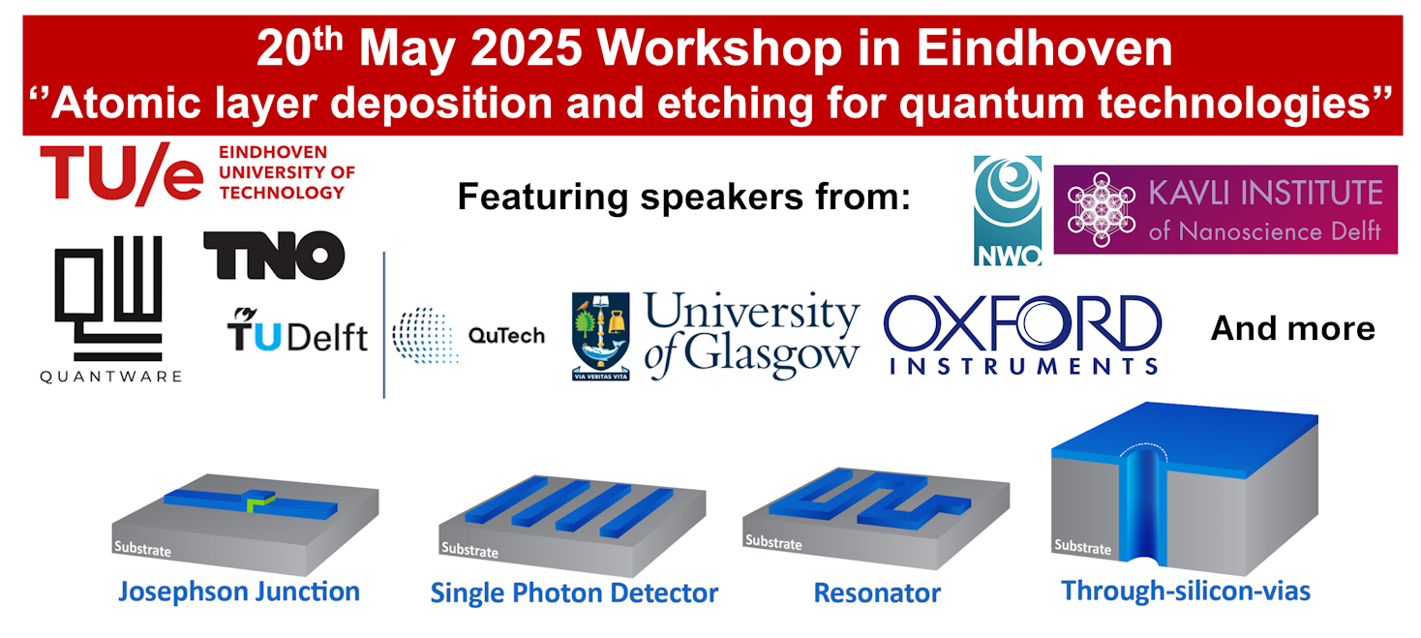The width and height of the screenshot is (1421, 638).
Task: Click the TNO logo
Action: [x=274, y=256]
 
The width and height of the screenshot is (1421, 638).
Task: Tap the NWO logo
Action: [x=1008, y=210]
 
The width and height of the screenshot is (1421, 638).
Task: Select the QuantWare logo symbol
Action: [x=108, y=298]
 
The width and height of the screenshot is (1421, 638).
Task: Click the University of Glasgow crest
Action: [x=601, y=336]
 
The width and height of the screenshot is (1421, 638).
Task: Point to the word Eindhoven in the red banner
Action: [x=1044, y=48]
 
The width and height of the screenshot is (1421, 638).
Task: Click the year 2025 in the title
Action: [x=526, y=48]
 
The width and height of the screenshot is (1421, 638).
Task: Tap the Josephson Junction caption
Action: [x=239, y=592]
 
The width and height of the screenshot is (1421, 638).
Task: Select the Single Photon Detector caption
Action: [x=574, y=593]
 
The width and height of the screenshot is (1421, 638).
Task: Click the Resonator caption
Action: [x=877, y=592]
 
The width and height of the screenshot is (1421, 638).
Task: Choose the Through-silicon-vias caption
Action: [x=1186, y=592]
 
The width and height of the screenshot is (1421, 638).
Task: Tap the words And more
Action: [x=1293, y=328]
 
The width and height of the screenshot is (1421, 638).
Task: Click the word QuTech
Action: [x=506, y=336]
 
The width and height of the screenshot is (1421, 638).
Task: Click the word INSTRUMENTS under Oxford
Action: [x=1024, y=366]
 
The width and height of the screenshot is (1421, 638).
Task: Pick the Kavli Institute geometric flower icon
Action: [x=1102, y=209]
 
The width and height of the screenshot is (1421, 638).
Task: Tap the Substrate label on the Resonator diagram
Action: [x=773, y=542]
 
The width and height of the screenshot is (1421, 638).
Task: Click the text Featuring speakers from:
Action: [x=683, y=197]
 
